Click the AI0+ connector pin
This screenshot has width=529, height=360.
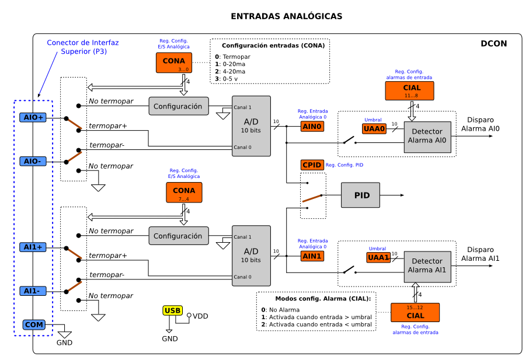(x=33, y=117)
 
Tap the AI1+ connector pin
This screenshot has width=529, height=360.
(x=33, y=247)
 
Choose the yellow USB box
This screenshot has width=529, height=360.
(x=173, y=310)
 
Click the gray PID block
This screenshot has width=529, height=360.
(x=360, y=194)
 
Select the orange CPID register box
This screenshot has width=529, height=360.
(x=312, y=165)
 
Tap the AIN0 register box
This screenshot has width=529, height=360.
(x=312, y=126)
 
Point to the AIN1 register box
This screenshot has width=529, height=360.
(x=312, y=256)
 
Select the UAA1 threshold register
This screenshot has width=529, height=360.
(x=378, y=257)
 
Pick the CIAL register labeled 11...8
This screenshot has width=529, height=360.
(x=410, y=90)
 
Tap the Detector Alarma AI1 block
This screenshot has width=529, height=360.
(x=427, y=267)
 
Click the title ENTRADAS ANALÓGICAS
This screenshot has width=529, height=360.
(x=287, y=16)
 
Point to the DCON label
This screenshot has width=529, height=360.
(x=494, y=43)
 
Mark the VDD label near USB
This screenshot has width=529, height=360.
(x=200, y=316)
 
